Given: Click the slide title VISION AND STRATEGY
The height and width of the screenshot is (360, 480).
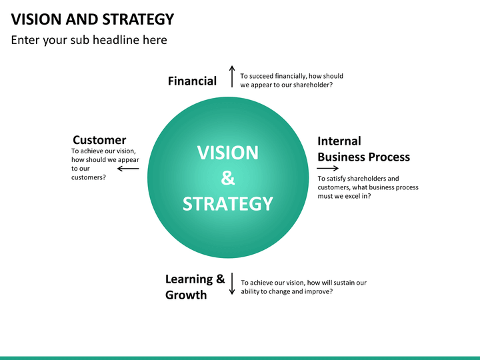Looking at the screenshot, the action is [93, 19].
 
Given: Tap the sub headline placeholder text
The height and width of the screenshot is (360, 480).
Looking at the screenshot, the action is [89, 40].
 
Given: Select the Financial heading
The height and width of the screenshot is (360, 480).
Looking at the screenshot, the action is [192, 81].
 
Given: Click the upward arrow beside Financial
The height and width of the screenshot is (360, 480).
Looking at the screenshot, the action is [232, 76].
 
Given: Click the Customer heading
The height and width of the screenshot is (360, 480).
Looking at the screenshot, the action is [99, 140].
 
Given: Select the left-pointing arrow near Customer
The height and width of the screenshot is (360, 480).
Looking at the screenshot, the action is [128, 169].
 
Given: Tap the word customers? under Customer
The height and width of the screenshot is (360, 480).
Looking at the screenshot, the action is [89, 177].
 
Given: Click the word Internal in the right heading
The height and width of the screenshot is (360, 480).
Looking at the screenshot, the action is [339, 141].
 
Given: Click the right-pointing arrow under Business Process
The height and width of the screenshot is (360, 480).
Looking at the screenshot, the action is [327, 168].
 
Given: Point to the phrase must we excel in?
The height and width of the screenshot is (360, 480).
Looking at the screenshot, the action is [344, 196].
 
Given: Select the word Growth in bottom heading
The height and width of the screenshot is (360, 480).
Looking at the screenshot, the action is [186, 295].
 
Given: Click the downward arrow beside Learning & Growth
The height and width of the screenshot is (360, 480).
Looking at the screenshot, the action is [232, 283].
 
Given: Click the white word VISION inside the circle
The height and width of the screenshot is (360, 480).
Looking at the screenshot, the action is [228, 153].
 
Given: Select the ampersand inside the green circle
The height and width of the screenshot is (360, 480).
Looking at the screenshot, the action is [228, 178].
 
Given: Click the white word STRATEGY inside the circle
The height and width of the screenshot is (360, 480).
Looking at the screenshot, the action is [228, 204].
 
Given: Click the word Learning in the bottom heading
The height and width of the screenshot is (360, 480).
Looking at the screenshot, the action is [189, 279].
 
